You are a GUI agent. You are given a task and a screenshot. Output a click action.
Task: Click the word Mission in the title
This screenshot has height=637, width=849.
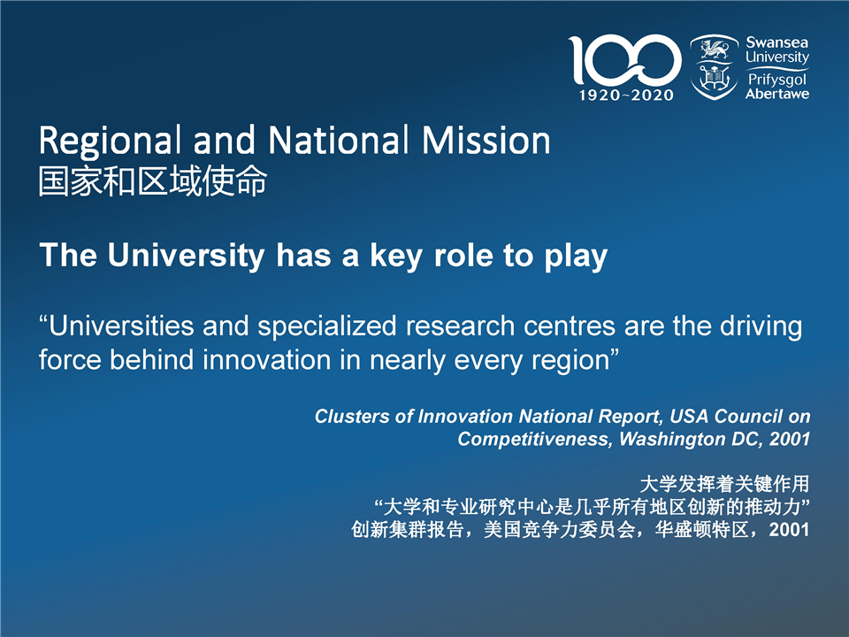486,141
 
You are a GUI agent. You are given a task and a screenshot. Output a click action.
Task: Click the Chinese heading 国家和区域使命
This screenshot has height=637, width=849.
153,180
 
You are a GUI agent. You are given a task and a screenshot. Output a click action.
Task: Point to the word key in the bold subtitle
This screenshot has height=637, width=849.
396,256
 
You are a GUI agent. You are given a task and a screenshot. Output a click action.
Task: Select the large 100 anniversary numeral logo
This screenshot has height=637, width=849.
625,59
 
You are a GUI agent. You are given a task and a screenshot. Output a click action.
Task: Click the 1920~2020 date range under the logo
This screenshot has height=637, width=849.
626,96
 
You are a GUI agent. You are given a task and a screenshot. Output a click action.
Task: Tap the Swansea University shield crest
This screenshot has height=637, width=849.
715,67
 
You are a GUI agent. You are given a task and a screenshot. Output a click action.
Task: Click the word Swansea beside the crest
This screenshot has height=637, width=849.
777,42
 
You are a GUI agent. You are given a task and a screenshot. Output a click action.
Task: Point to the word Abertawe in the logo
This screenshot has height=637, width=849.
777,94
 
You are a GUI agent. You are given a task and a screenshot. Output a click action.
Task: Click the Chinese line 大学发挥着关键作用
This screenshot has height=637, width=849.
724,484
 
